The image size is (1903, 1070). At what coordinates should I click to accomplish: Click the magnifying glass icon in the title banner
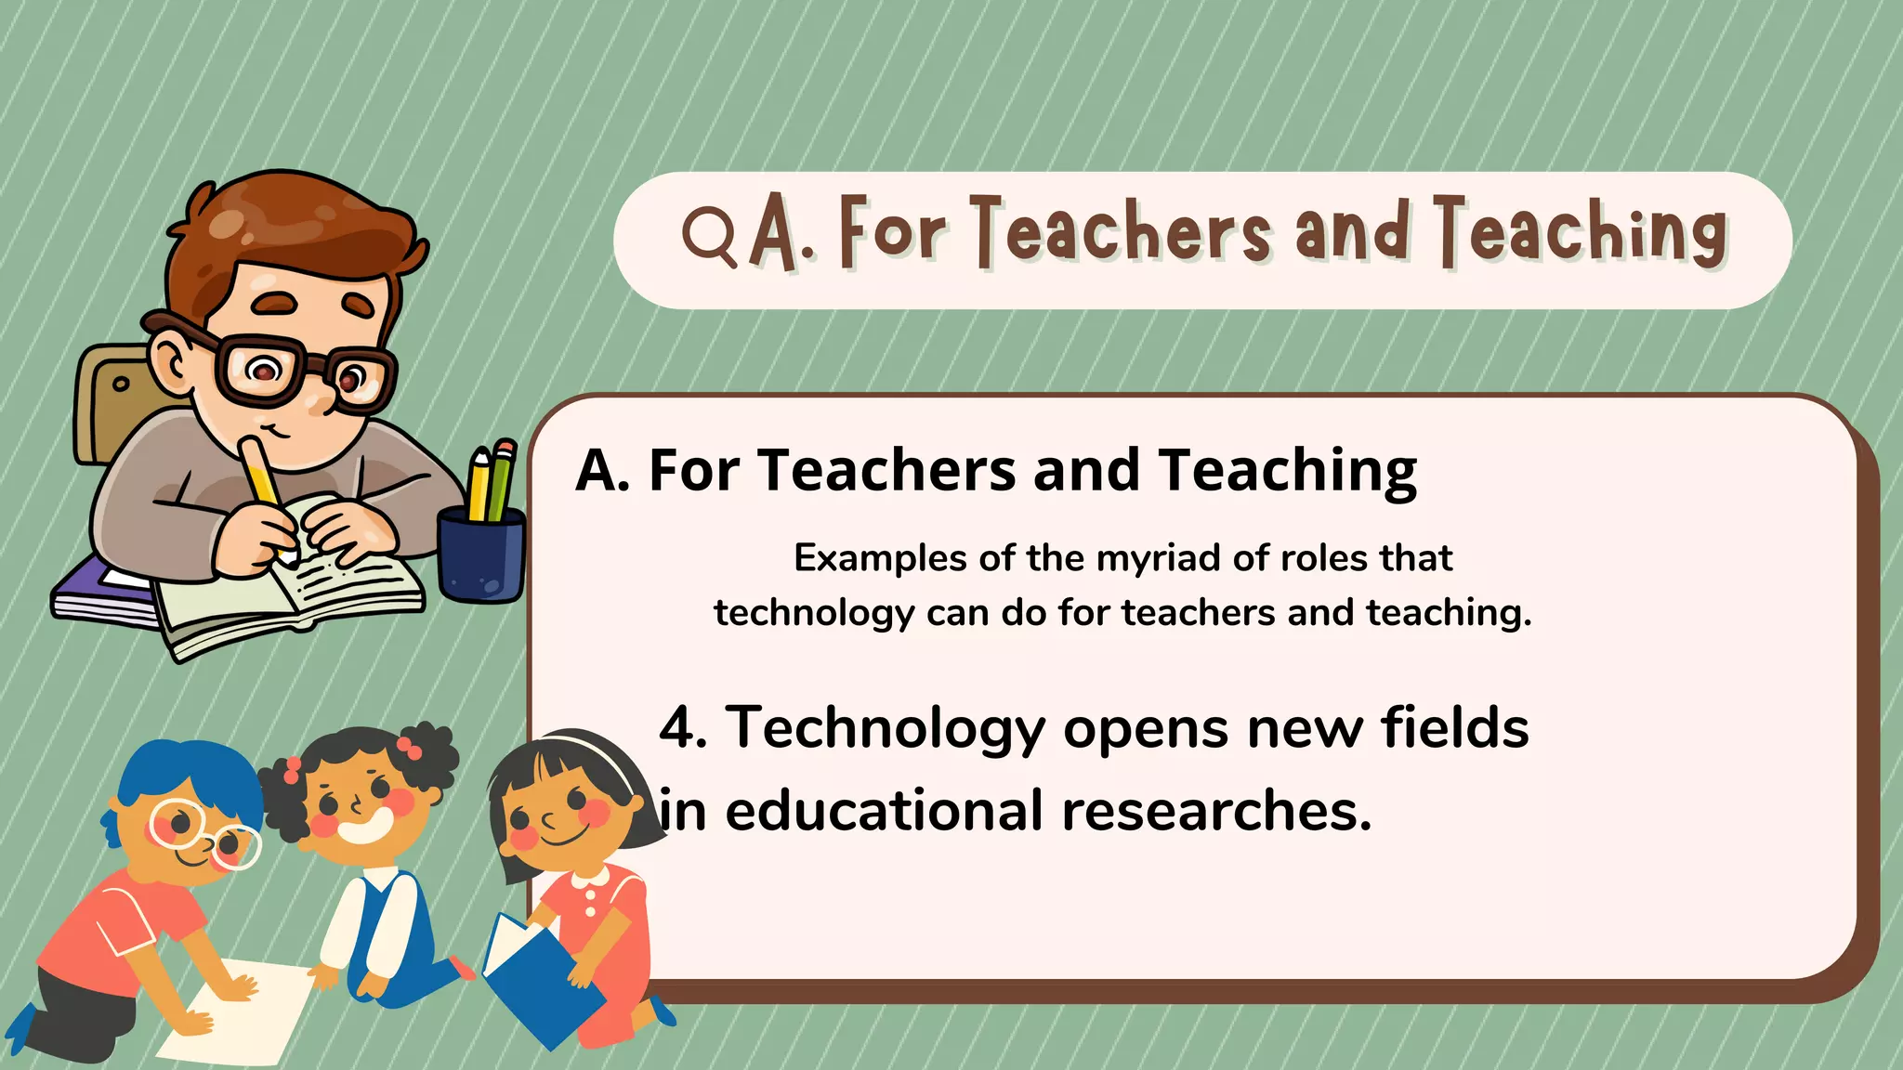click(708, 235)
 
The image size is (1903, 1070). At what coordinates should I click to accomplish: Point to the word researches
click(1216, 811)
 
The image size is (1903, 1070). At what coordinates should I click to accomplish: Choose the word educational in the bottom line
click(884, 811)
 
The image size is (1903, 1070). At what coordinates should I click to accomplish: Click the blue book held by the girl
click(539, 975)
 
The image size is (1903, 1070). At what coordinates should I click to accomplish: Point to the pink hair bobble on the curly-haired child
click(410, 746)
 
